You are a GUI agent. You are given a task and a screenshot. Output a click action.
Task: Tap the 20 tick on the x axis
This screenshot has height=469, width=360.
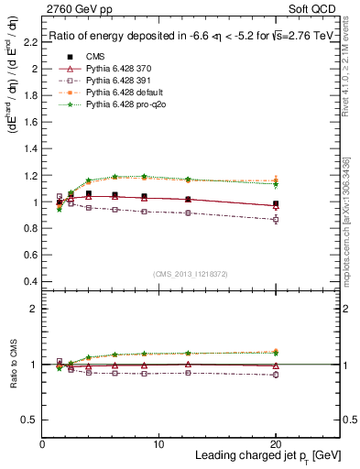275,444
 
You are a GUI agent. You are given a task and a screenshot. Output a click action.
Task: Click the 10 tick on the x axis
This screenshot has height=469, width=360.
158,444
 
